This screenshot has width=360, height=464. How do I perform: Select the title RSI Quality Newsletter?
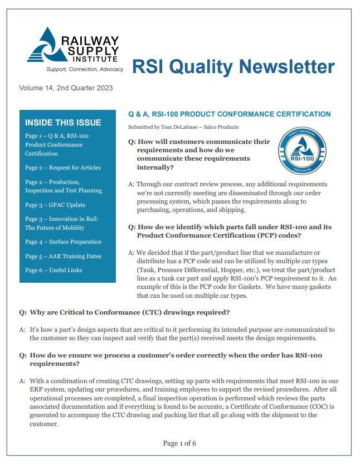click(233, 66)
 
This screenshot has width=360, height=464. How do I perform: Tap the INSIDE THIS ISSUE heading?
click(64, 123)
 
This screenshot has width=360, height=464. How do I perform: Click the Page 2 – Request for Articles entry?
click(63, 167)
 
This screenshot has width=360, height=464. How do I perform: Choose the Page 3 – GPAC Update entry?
click(55, 205)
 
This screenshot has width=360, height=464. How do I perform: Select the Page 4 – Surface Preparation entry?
click(63, 241)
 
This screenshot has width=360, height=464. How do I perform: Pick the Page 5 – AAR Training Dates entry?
click(63, 256)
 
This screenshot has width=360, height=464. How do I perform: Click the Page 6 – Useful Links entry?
click(53, 270)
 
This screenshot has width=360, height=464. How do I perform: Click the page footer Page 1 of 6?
click(179, 443)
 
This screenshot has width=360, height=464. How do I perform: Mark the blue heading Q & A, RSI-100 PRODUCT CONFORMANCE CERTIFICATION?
click(229, 114)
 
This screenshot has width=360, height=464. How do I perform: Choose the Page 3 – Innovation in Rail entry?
click(61, 223)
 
